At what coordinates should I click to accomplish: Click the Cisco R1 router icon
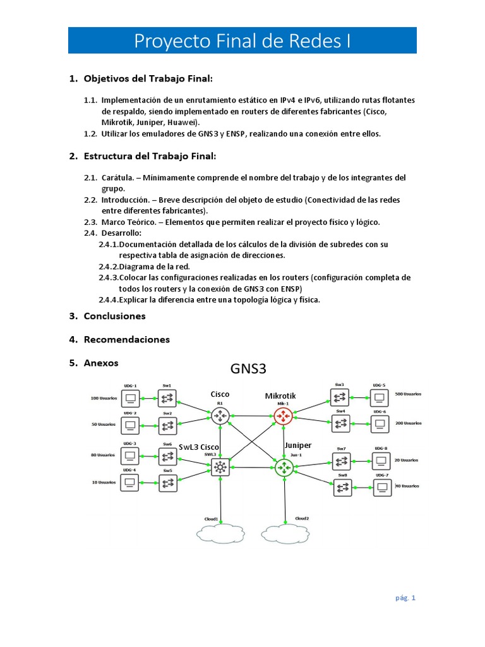220,415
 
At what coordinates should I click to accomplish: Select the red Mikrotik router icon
282,415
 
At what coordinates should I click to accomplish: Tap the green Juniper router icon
284,468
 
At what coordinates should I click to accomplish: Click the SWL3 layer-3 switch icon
220,468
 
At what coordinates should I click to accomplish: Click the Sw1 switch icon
167,398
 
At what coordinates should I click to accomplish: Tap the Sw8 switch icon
342,488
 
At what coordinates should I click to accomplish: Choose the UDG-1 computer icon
131,398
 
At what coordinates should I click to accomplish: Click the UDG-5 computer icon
379,397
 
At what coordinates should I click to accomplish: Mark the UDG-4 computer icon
131,483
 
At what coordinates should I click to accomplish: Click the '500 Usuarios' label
409,394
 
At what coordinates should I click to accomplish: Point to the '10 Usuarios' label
104,482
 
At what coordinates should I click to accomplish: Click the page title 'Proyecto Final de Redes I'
242,41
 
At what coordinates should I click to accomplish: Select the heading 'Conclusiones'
114,316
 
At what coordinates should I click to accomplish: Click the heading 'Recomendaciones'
126,339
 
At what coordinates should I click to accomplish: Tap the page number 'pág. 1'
405,597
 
